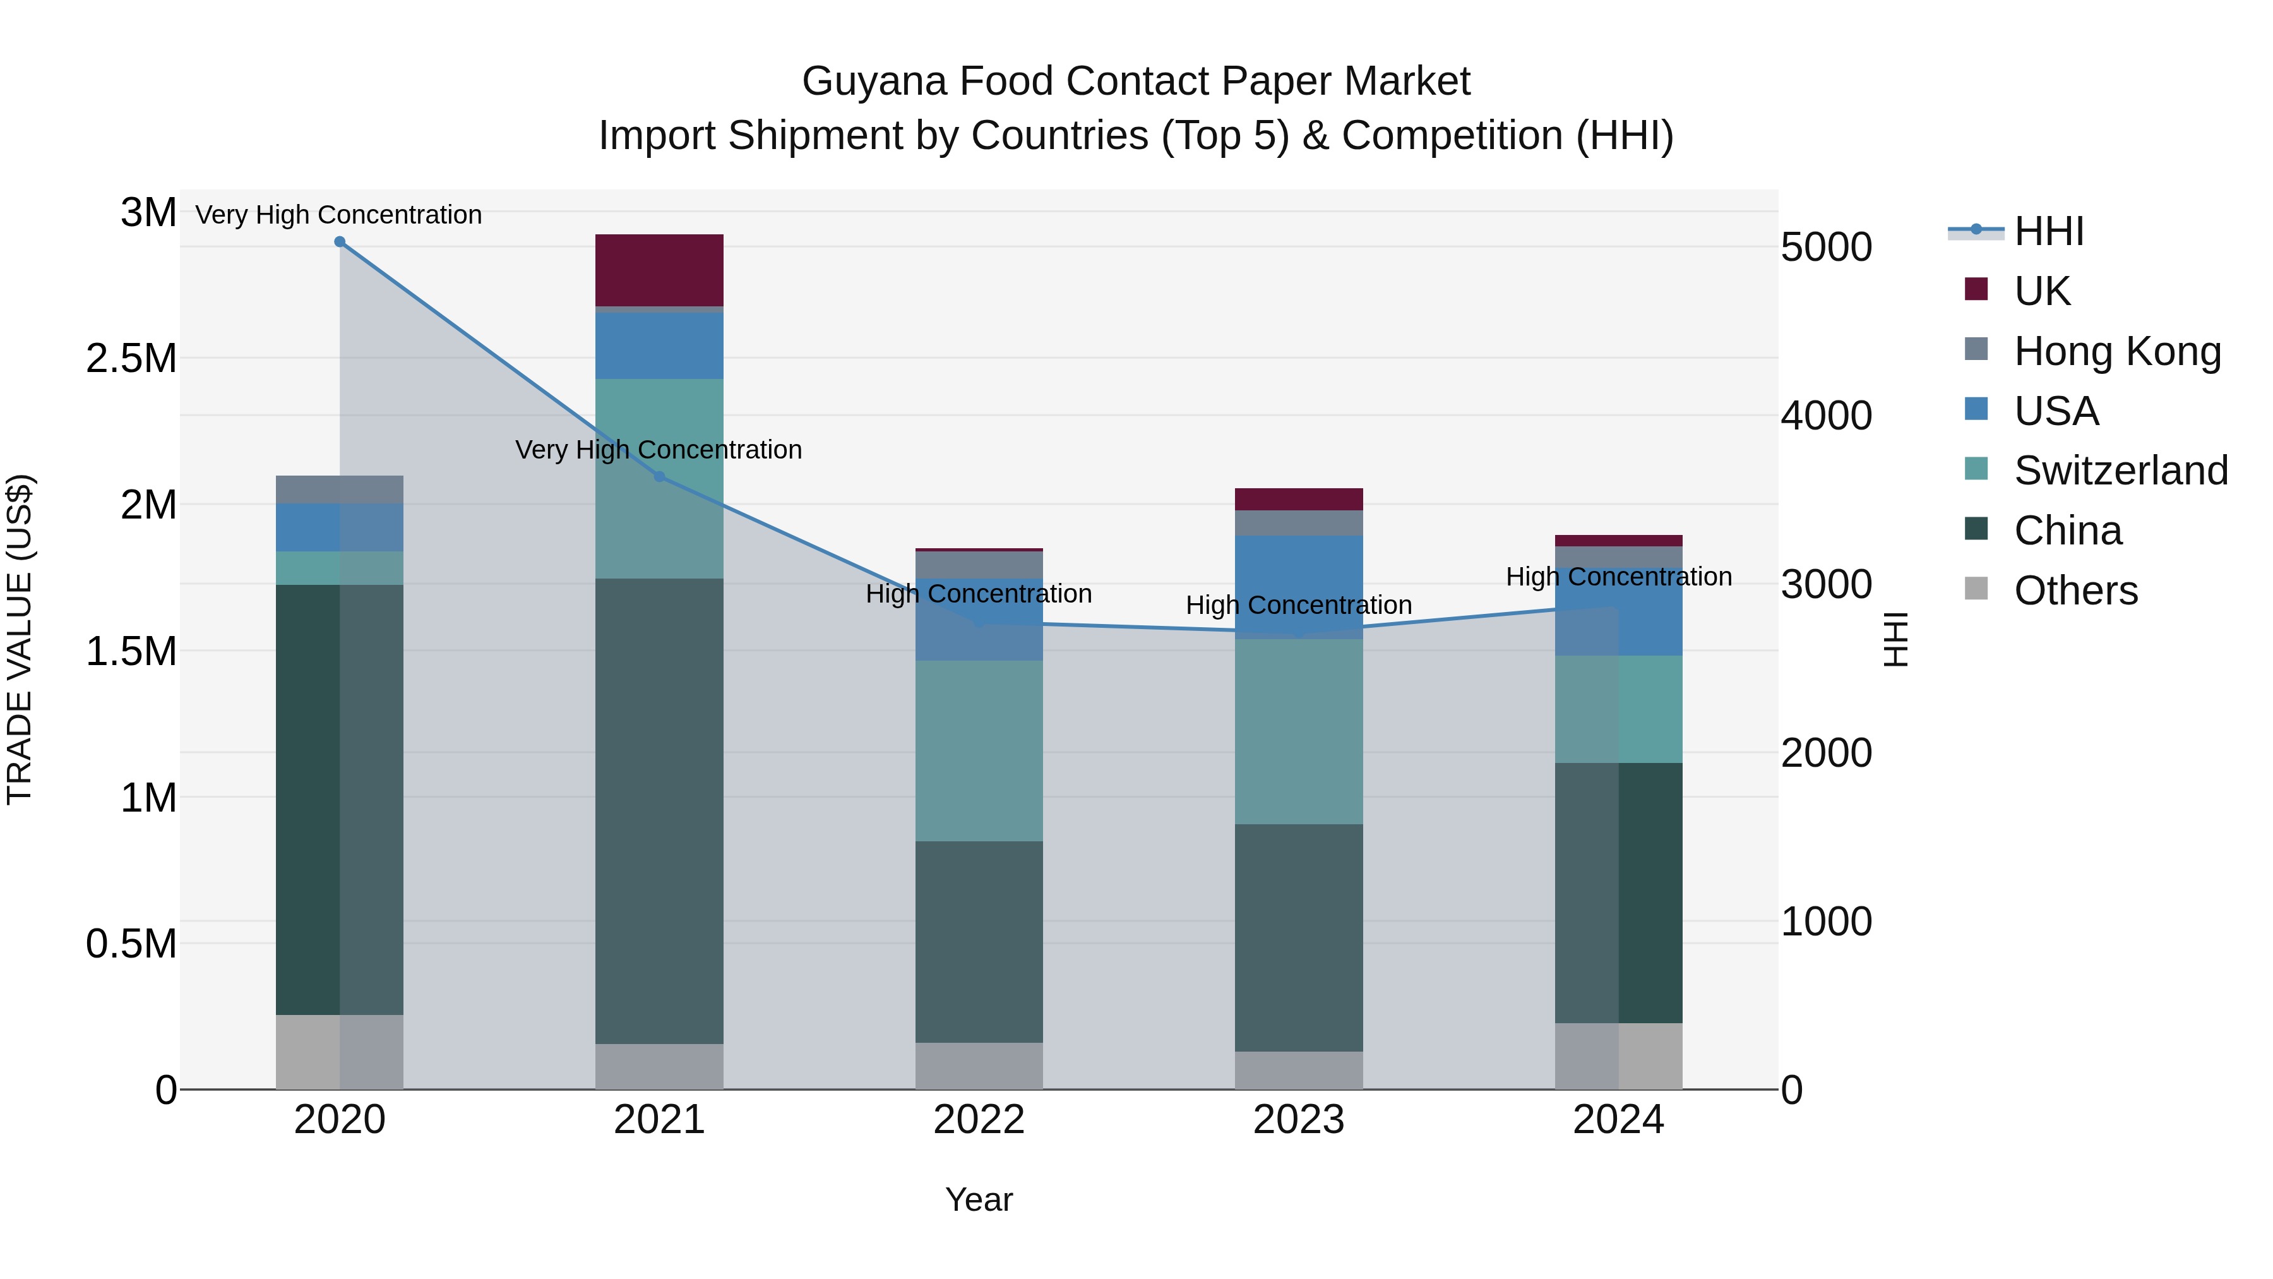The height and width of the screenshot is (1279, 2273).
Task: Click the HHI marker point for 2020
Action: (x=340, y=242)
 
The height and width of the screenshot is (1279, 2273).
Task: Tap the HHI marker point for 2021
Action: (x=659, y=477)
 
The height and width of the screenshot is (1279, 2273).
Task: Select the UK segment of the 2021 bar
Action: (x=659, y=270)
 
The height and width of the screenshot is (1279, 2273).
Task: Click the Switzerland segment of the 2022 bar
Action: (x=979, y=750)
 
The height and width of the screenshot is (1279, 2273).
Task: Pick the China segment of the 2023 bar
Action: (x=1298, y=937)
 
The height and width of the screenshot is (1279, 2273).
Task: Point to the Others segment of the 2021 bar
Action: (x=659, y=1066)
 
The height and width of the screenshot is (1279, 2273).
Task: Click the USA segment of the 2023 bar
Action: (x=1298, y=587)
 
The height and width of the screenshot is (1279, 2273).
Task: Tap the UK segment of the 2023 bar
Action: (x=1298, y=500)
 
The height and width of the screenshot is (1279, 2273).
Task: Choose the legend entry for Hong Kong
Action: (x=2117, y=351)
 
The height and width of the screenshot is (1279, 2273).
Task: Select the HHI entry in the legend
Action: (x=2049, y=231)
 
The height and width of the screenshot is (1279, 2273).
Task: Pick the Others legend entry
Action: (x=2075, y=591)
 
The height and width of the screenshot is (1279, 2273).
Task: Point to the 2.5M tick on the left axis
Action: (x=131, y=358)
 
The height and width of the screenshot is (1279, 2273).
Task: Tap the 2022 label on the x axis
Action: (x=979, y=1120)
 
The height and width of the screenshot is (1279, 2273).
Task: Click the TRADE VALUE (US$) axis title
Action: (x=20, y=639)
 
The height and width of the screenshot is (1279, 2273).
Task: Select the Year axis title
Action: (x=979, y=1199)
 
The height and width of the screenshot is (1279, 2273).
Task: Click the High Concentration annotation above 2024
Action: (x=1618, y=577)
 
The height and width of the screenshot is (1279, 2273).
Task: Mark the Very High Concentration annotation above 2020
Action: (x=339, y=215)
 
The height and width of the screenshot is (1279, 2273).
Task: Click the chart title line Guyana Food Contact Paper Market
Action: (x=1136, y=81)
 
